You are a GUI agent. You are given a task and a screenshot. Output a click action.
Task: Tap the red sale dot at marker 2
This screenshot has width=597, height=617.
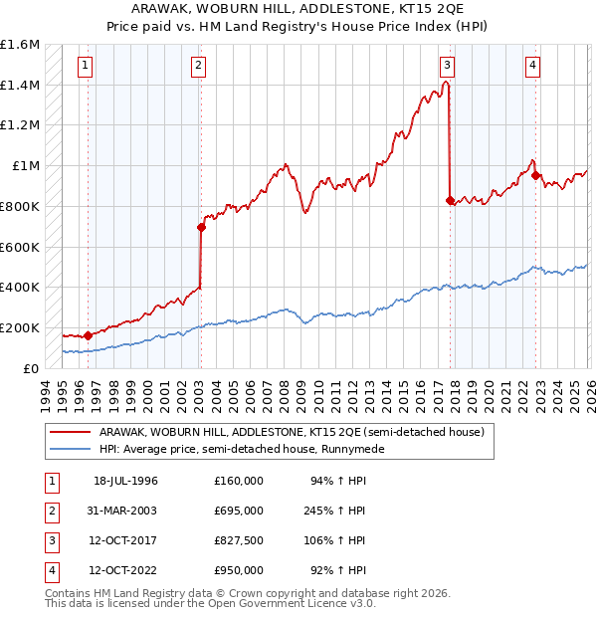[x=201, y=227]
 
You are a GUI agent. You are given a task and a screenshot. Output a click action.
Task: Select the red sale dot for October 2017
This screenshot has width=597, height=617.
[x=450, y=200]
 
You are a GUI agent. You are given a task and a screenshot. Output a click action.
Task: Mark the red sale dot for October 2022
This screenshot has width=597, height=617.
[x=536, y=176]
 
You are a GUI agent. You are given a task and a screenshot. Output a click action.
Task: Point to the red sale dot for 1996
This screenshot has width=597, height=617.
[x=89, y=335]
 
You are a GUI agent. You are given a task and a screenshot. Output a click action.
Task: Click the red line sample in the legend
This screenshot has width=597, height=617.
[x=72, y=433]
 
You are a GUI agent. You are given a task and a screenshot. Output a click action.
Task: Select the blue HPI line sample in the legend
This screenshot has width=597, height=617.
[x=72, y=450]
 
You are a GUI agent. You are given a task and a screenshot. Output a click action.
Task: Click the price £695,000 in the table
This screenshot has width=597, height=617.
[x=238, y=511]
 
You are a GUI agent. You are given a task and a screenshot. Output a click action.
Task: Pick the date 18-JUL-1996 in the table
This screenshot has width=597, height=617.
[x=125, y=481]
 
